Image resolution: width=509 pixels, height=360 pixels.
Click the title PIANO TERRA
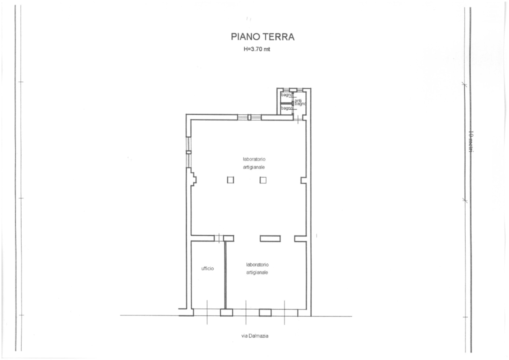262,36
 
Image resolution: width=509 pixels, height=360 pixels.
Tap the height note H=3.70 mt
256,49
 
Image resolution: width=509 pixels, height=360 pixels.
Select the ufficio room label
207,268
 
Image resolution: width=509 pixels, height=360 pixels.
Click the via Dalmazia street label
255,336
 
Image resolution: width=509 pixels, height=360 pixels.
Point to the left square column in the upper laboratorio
230,180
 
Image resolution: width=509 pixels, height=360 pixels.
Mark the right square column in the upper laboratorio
263,180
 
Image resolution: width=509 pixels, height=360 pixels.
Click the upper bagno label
286,94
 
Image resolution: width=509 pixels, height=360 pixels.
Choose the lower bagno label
286,108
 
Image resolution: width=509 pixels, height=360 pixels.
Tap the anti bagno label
299,102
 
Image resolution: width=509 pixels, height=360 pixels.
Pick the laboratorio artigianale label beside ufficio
257,268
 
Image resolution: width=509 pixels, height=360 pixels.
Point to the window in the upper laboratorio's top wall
249,117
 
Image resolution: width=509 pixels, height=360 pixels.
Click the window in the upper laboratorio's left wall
188,151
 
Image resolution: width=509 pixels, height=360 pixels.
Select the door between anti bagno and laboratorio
298,118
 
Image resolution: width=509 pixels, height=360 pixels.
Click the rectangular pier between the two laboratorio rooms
270,238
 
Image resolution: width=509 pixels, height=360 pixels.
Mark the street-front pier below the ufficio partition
226,312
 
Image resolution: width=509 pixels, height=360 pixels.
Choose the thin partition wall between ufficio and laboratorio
225,275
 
